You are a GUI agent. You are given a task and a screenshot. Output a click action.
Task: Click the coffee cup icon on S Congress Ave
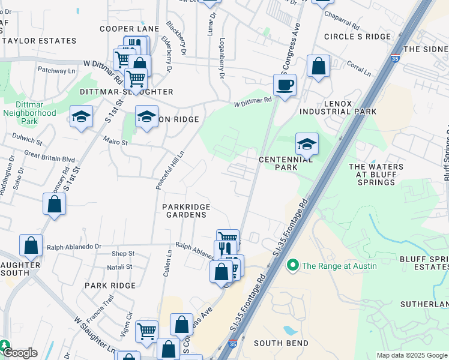[285, 84]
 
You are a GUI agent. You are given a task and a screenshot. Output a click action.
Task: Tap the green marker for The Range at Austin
[293, 265]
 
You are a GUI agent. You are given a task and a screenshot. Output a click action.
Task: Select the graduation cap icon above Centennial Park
[307, 144]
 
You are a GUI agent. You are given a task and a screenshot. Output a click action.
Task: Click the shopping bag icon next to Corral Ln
[318, 65]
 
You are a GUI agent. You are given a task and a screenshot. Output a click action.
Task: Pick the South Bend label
[281, 343]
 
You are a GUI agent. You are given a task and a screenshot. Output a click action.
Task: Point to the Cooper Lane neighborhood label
[129, 29]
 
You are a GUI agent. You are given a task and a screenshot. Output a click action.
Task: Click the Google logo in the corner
[19, 353]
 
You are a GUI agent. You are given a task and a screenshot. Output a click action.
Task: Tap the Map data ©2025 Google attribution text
[411, 355]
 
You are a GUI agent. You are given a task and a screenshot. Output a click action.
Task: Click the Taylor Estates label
[39, 41]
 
